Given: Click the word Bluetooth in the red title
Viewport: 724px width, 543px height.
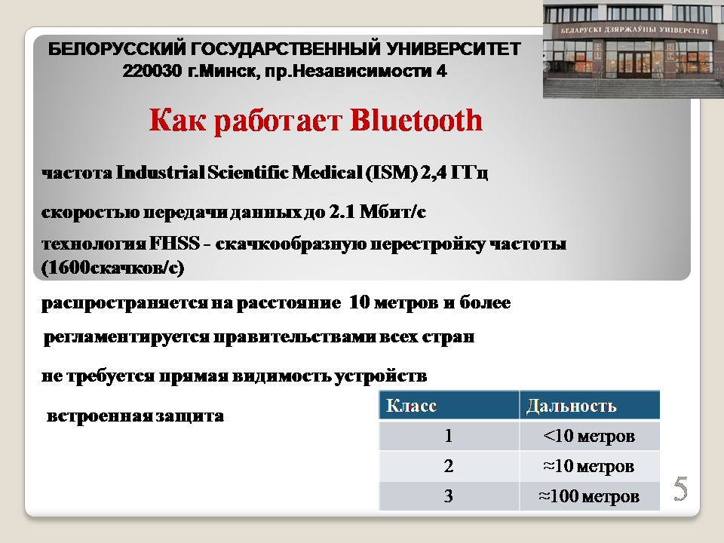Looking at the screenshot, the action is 416,121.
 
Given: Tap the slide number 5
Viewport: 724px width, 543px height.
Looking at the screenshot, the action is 680,489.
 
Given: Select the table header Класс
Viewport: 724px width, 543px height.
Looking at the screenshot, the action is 411,406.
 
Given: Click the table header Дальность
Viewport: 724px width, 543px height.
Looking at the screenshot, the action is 571,406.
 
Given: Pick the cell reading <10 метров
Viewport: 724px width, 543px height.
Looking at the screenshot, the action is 589,435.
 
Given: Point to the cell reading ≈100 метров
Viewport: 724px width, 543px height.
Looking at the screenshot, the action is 589,496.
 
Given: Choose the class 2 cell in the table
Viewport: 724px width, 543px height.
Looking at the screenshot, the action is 448,466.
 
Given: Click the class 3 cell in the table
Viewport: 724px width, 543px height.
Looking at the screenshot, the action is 448,496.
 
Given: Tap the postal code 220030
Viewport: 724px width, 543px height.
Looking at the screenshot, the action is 152,71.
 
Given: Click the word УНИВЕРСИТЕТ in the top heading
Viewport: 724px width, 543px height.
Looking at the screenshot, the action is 453,48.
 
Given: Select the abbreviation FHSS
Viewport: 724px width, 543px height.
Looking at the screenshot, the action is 174,244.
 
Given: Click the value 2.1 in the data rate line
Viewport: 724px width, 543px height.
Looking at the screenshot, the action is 342,211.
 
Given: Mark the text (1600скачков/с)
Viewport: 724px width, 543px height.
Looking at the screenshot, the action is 112,268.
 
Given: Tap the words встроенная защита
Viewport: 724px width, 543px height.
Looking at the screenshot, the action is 135,416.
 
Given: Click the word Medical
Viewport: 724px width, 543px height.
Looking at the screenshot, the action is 327,172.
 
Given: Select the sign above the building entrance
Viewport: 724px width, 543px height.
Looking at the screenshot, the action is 634,30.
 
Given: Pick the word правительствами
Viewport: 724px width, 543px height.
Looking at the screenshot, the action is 295,337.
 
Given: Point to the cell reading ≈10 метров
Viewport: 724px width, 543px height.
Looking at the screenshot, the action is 589,466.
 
